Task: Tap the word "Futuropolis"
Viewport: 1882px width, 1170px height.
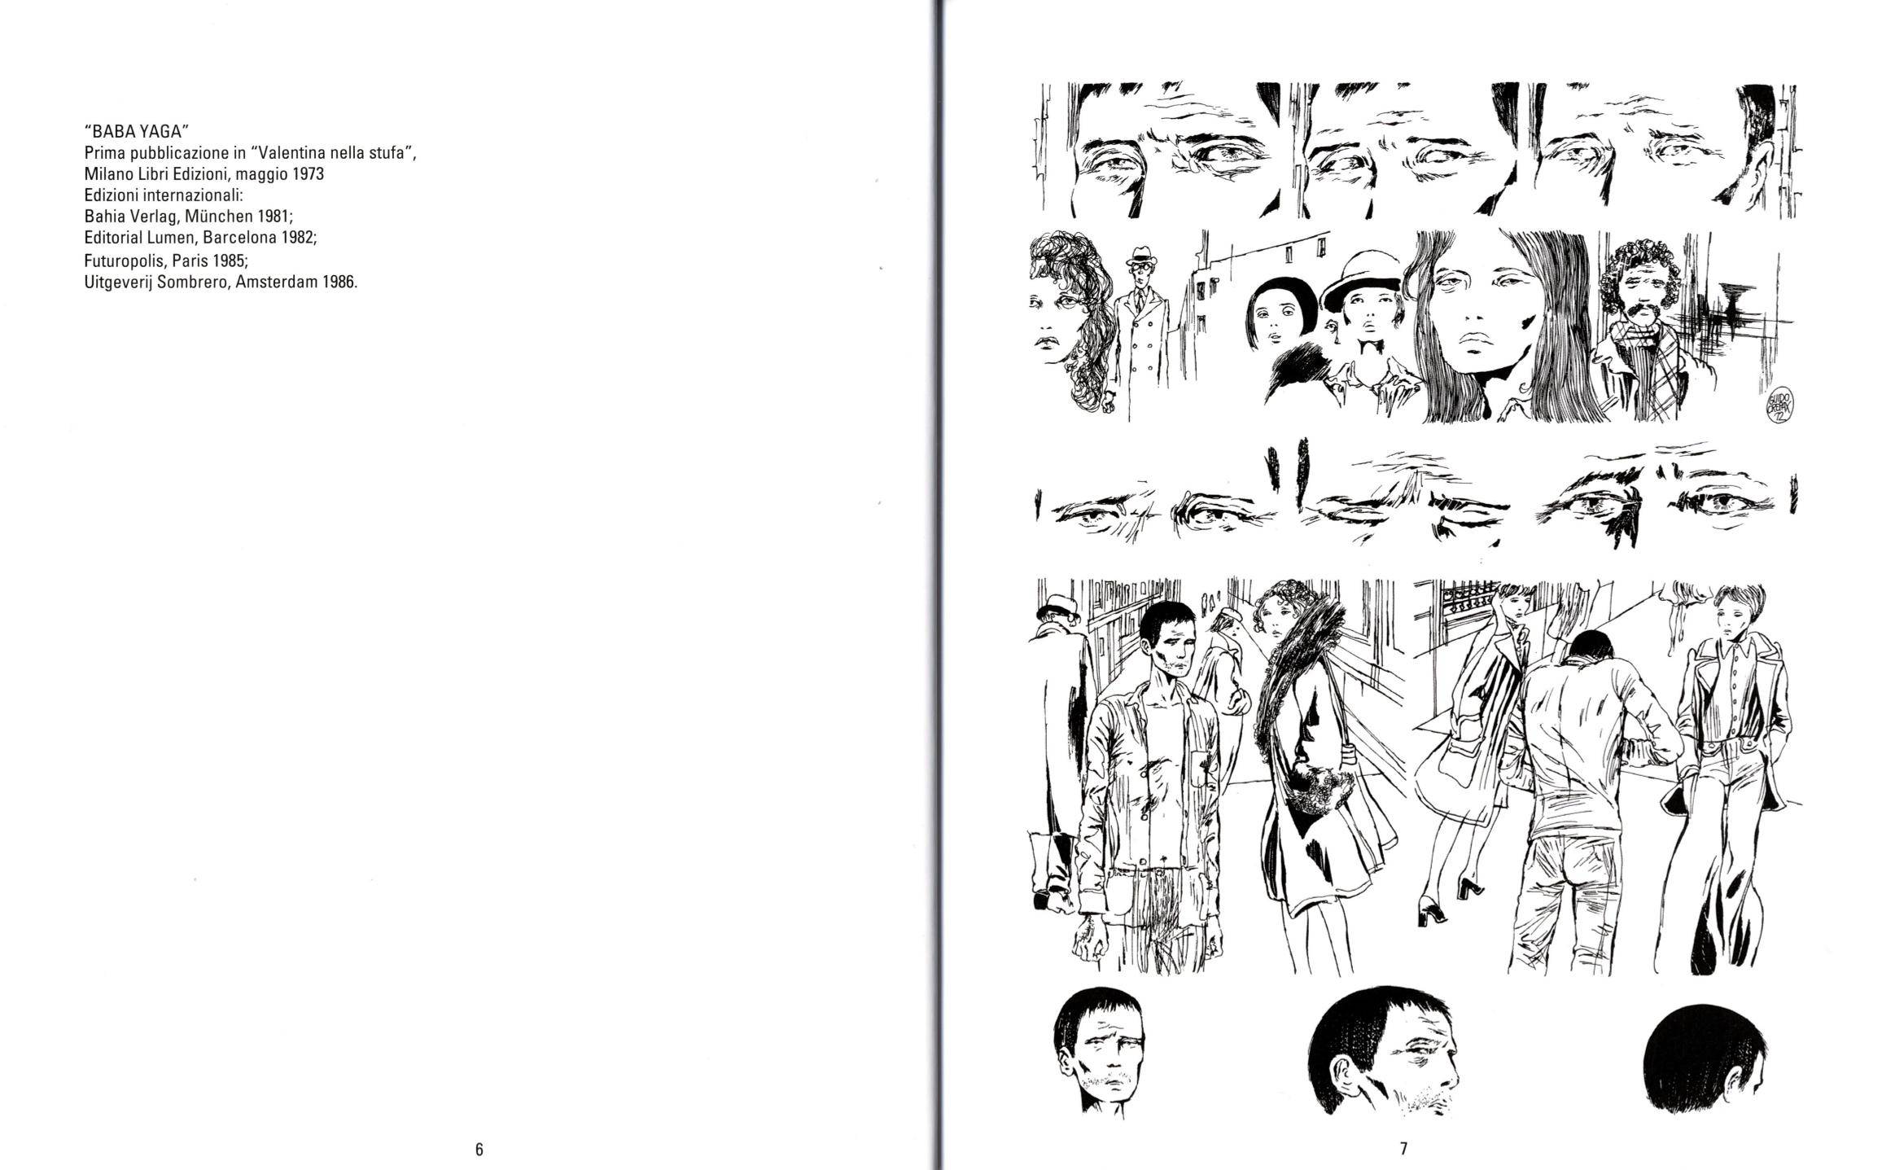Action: pos(125,261)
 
